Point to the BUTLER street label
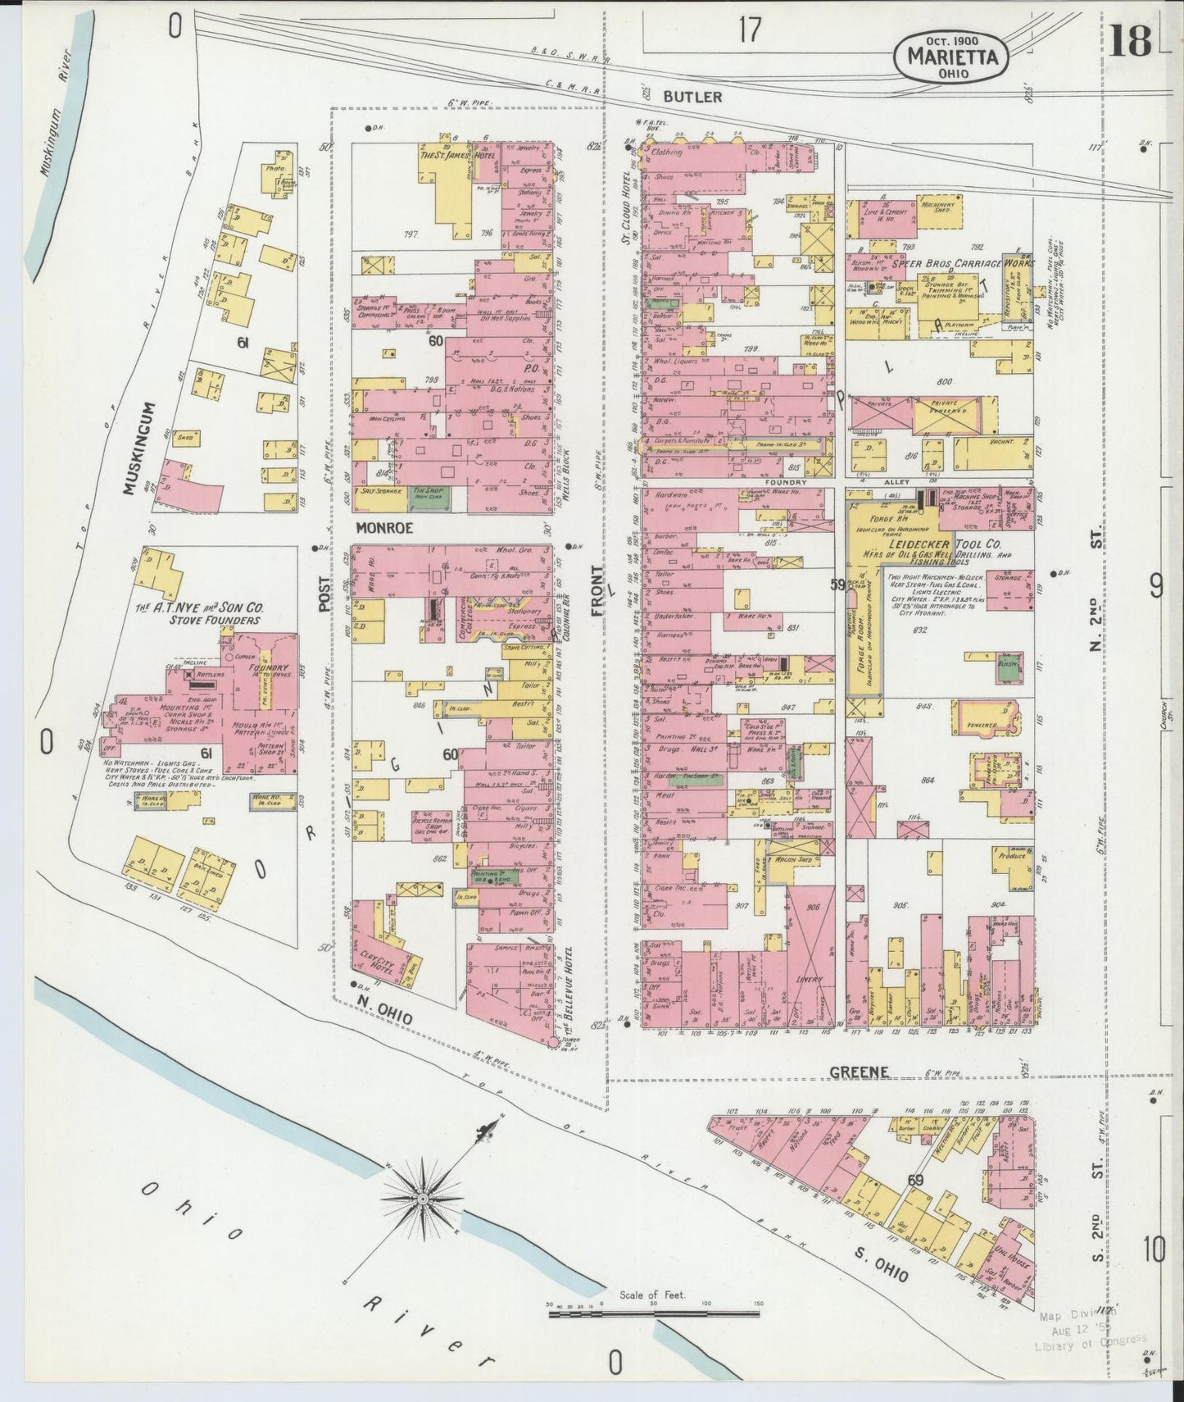coord(692,97)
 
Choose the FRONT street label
coord(599,589)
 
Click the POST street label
coord(324,592)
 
